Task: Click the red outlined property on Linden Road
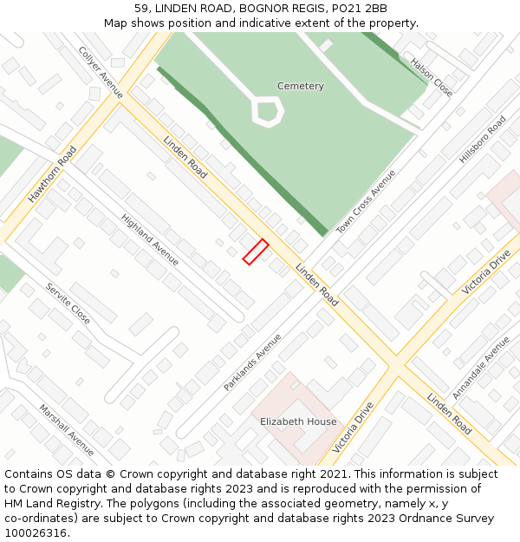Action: [255, 251]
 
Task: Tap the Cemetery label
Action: [301, 86]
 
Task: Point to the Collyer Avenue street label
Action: [101, 72]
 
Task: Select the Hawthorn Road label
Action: [52, 174]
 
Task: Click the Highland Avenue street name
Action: [150, 240]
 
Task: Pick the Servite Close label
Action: [68, 304]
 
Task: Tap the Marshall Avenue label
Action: [67, 429]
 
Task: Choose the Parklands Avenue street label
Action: [252, 362]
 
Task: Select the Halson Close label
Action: [432, 77]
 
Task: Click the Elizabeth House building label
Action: [298, 421]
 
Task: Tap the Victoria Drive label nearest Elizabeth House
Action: [353, 428]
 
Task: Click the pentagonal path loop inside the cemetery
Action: [268, 111]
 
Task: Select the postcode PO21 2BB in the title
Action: [362, 9]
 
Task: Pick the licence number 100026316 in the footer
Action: [36, 532]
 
